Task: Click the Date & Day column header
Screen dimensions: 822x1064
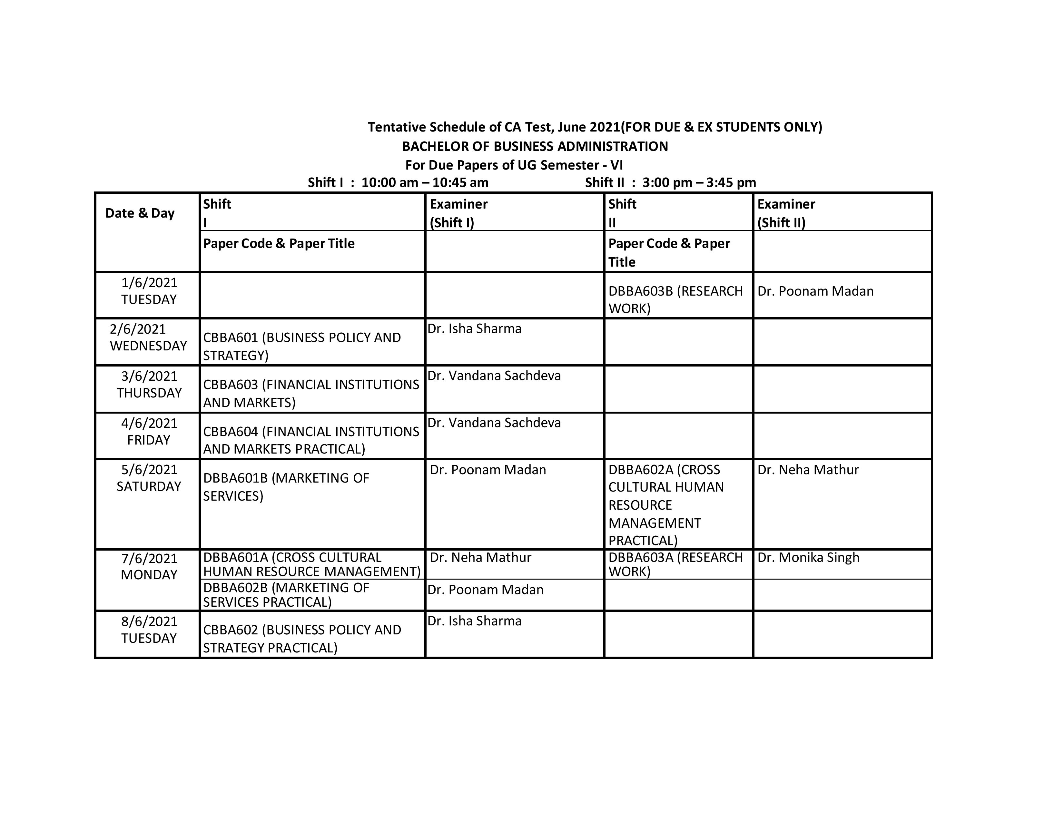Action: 140,213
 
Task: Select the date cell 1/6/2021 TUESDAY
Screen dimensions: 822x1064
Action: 149,291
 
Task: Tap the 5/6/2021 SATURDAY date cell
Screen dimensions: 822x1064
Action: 149,478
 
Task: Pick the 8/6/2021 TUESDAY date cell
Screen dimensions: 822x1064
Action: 149,630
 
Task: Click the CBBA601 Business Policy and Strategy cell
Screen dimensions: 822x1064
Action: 302,346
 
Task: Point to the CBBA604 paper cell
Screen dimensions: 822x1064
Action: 311,440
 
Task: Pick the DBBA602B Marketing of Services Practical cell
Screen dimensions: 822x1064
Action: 286,595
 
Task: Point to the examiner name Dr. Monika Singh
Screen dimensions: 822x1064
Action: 808,558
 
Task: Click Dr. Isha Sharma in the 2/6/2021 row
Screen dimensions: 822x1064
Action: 475,329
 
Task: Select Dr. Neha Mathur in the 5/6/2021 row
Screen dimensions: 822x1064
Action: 808,470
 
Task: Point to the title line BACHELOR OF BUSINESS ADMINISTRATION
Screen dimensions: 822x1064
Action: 535,147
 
